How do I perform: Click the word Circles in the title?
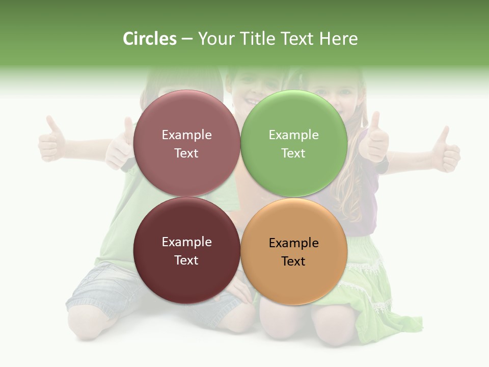(149, 39)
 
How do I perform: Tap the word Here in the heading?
(338, 39)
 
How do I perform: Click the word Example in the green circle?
(293, 135)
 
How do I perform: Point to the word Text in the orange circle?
(293, 261)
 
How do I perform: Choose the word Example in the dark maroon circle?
(186, 242)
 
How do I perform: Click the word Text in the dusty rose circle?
(186, 153)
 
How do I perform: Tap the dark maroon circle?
(186, 280)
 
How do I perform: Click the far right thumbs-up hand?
(445, 150)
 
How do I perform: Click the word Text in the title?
(296, 39)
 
